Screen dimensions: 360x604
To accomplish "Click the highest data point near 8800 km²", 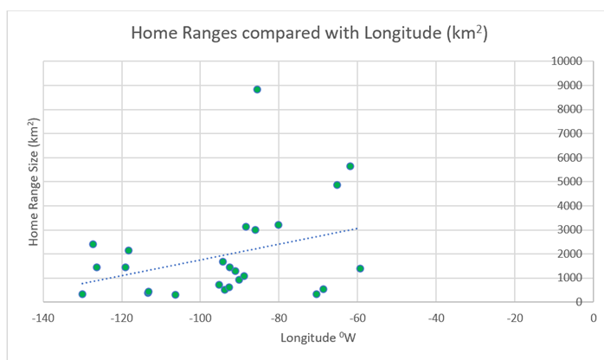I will coord(257,89).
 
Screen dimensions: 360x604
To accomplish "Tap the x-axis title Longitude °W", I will coord(318,336).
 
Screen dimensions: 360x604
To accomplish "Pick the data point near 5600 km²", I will coord(350,166).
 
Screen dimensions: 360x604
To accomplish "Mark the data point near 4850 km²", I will coord(337,184).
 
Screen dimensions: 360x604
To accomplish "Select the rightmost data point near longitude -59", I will coord(360,268).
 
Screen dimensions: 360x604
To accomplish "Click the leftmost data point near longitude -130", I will coord(82,294).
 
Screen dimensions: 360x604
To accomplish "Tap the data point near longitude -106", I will coord(176,295).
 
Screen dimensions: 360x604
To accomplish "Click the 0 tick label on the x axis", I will coord(593,317).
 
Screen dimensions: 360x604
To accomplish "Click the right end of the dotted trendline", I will coord(357,228).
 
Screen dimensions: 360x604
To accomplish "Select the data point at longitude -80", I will coord(279,225).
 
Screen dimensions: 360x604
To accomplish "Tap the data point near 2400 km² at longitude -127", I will coord(93,244).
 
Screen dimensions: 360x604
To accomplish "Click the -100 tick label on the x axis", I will coord(200,317).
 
